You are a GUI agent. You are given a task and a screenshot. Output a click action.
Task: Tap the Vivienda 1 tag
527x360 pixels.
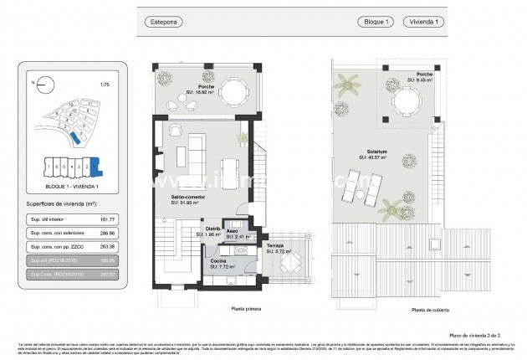click(422, 22)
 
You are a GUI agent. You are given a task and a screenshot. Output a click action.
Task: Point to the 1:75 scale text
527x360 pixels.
click(104, 84)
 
